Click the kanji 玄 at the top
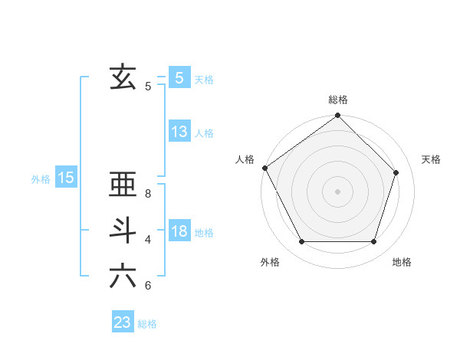tap(123, 77)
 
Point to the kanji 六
tap(123, 276)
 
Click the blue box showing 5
tap(179, 77)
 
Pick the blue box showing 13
tap(179, 131)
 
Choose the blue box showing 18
tap(179, 231)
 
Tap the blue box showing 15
tap(66, 178)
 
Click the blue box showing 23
tap(123, 322)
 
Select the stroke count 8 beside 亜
tap(148, 194)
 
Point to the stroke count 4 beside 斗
tap(148, 240)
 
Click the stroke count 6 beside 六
tap(148, 286)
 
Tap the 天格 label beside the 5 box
tap(204, 80)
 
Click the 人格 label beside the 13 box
tap(204, 133)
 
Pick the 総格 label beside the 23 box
tap(147, 325)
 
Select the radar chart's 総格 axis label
tap(338, 100)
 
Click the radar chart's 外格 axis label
tap(270, 263)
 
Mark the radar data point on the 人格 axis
tap(265, 168)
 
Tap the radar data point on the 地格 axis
tap(374, 242)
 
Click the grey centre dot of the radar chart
tap(338, 191)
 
